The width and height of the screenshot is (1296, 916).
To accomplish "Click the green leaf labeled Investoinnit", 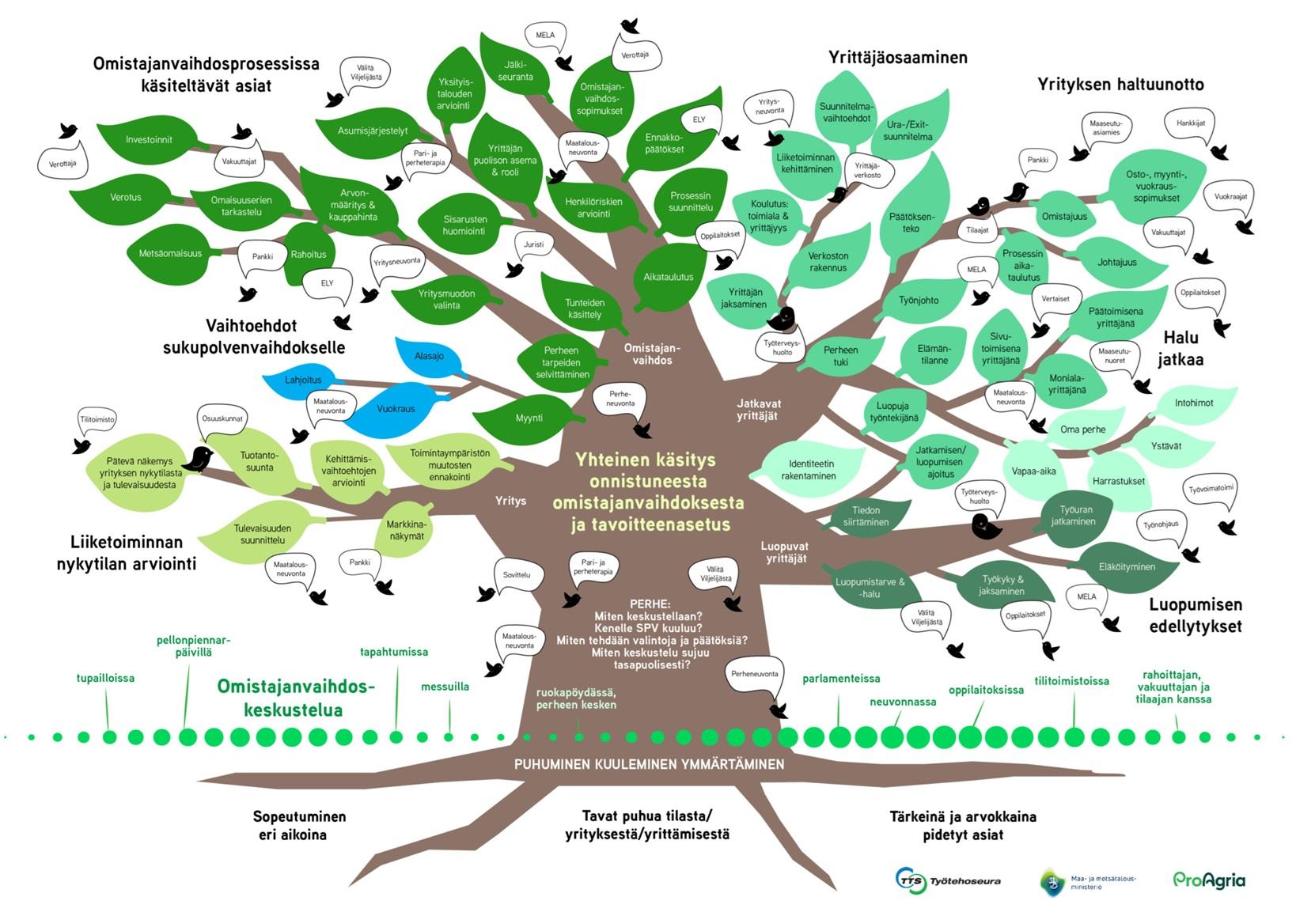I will tap(149, 140).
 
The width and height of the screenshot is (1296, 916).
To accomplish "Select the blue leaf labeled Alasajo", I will tap(430, 356).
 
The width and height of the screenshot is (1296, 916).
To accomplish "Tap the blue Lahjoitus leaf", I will tap(303, 380).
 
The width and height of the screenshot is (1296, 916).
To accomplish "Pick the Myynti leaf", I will tap(529, 418).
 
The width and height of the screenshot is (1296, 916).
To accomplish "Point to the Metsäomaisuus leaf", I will tap(170, 254).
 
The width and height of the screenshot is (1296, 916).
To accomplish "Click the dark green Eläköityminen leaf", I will tap(1127, 566).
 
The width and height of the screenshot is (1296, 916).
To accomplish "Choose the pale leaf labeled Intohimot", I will tap(1193, 403).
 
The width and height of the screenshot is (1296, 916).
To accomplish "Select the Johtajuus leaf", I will tap(1116, 262).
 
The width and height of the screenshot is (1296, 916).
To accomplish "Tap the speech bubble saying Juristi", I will tap(534, 245).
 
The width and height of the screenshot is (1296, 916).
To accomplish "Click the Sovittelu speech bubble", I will tap(517, 575).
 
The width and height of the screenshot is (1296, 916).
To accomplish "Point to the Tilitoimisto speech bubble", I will tap(97, 420).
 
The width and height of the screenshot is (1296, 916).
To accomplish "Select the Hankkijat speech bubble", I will tap(1190, 123).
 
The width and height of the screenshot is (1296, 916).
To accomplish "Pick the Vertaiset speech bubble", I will tap(1055, 299).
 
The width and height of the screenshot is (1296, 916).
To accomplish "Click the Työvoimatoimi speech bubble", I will tap(1211, 489).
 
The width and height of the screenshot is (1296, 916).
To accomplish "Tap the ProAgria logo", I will tap(1208, 880).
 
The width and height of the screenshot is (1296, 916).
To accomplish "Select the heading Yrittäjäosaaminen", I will tap(898, 57).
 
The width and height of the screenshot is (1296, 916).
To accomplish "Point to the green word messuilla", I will tap(445, 687).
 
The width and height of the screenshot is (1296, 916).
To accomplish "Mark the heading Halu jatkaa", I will tap(1180, 349).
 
